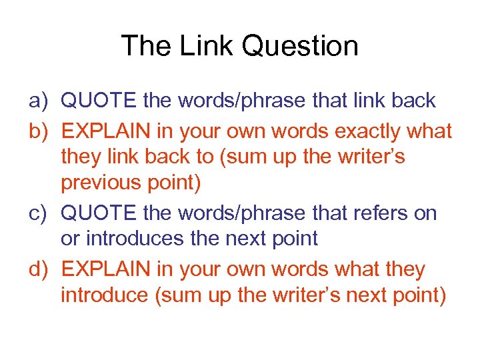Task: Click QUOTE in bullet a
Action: [x=99, y=101]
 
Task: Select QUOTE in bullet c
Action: [x=99, y=214]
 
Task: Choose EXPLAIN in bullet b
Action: [x=105, y=131]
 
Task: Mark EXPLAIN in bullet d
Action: [x=105, y=270]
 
